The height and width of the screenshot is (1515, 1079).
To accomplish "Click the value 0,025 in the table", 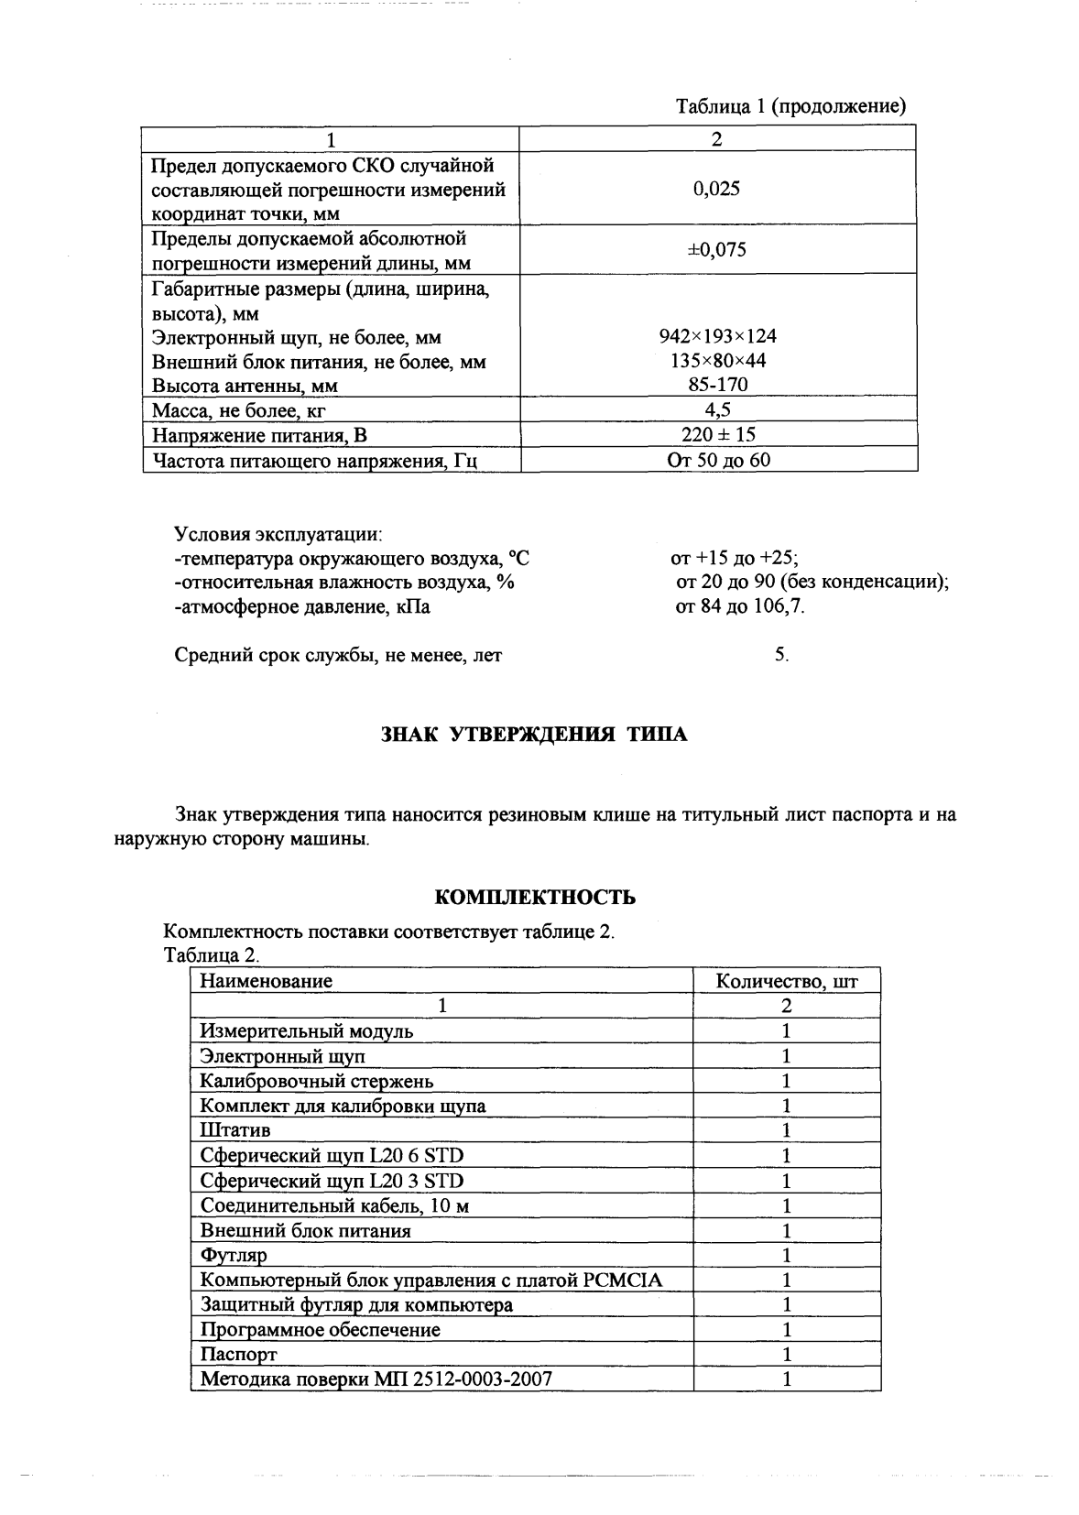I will (x=716, y=190).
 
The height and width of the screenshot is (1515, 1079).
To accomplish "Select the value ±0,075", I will (x=716, y=250).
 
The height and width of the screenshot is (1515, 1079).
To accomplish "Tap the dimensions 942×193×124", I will (x=717, y=337).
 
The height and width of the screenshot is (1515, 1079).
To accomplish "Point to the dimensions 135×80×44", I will (x=718, y=361).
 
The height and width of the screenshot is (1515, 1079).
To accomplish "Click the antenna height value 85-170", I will (x=718, y=386).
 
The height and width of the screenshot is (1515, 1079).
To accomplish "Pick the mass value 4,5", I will (x=718, y=409).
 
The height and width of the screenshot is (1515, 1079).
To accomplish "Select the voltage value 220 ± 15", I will (x=718, y=434).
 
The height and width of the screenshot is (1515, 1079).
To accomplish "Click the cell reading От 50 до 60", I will (x=718, y=460).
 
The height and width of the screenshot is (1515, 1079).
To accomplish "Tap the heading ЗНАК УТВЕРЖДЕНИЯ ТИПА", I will (x=533, y=735).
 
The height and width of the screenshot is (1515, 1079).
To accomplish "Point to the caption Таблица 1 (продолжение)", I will (x=790, y=106).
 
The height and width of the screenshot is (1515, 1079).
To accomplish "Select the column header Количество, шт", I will (x=786, y=981).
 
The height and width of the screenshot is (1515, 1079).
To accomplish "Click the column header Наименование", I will (x=266, y=981).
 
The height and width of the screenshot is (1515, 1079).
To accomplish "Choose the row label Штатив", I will (x=235, y=1130).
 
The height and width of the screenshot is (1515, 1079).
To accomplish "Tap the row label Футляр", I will (x=234, y=1255).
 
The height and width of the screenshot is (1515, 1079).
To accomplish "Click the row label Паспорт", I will (x=238, y=1354).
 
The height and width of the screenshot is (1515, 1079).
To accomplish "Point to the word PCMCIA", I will (x=622, y=1280).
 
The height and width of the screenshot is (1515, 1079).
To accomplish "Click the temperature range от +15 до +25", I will (x=735, y=559).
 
